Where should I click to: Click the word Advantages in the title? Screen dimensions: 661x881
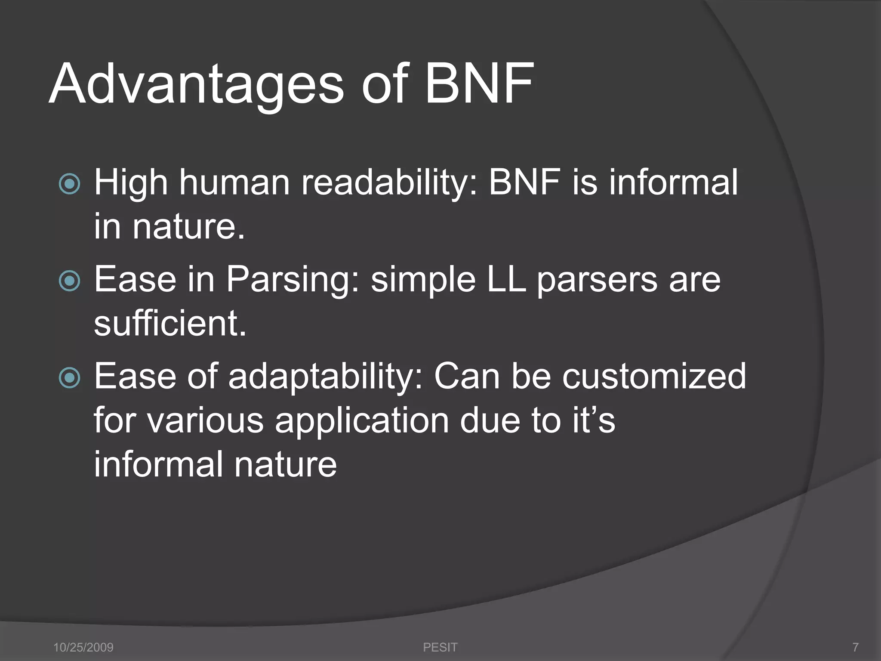[196, 84]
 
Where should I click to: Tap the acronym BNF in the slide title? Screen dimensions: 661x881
[479, 84]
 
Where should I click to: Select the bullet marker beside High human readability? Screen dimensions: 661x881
[69, 184]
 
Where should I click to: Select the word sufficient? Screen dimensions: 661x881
[170, 324]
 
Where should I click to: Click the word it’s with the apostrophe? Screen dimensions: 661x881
[594, 420]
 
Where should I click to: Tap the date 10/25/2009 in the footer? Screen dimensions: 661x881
[83, 647]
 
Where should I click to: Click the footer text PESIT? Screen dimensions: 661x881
[440, 647]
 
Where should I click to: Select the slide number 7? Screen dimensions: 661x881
[855, 647]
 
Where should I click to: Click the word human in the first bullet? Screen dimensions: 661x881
[234, 183]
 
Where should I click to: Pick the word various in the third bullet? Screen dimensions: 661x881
[206, 421]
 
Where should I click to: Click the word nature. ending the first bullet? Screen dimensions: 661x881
[188, 227]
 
